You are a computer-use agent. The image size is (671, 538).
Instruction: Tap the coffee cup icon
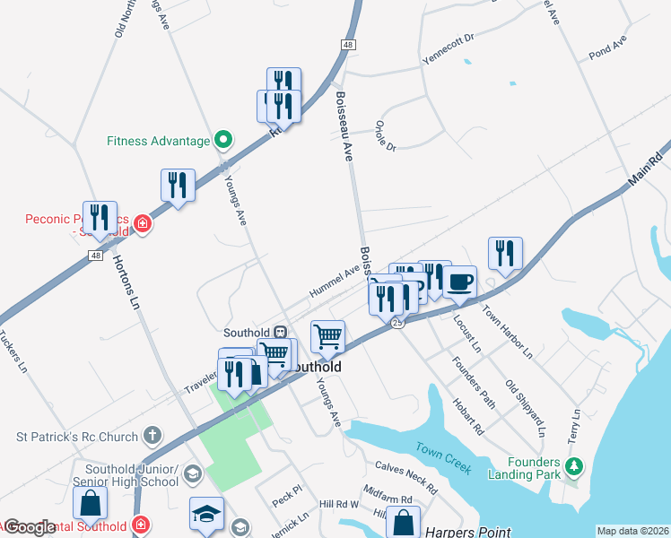tap(460, 282)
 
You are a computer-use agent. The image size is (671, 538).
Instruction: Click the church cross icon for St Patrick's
tap(152, 437)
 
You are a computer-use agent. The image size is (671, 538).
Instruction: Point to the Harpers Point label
tap(460, 531)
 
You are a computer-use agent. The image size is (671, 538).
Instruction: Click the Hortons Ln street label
tap(126, 282)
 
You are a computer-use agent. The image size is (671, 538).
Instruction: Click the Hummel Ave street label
tap(335, 281)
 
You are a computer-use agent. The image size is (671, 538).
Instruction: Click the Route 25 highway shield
tap(396, 323)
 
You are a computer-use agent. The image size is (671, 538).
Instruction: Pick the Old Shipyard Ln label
tap(526, 408)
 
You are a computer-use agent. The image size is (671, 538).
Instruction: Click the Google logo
tap(30, 528)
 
